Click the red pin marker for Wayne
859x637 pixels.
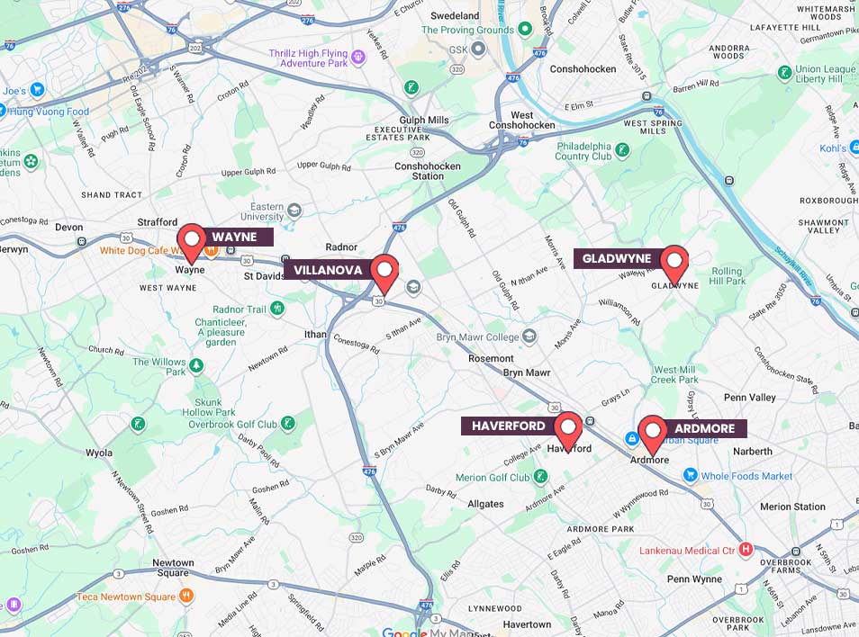click(x=191, y=242)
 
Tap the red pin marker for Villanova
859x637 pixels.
click(x=384, y=273)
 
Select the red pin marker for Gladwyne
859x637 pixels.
click(x=674, y=263)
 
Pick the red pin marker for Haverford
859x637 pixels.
click(x=567, y=429)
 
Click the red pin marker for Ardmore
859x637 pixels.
click(x=652, y=434)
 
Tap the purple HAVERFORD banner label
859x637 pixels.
click(x=509, y=426)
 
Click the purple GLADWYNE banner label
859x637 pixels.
click(x=617, y=259)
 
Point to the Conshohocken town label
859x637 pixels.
click(x=583, y=68)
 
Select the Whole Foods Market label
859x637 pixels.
click(x=746, y=476)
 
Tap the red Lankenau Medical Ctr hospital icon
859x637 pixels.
click(x=745, y=549)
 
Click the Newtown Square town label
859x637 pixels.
click(x=173, y=568)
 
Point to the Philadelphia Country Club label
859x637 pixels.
click(x=583, y=151)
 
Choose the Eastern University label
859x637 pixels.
click(x=255, y=211)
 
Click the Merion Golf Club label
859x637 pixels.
click(x=493, y=478)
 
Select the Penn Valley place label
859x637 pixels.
click(x=749, y=397)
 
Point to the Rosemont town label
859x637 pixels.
click(x=491, y=358)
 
